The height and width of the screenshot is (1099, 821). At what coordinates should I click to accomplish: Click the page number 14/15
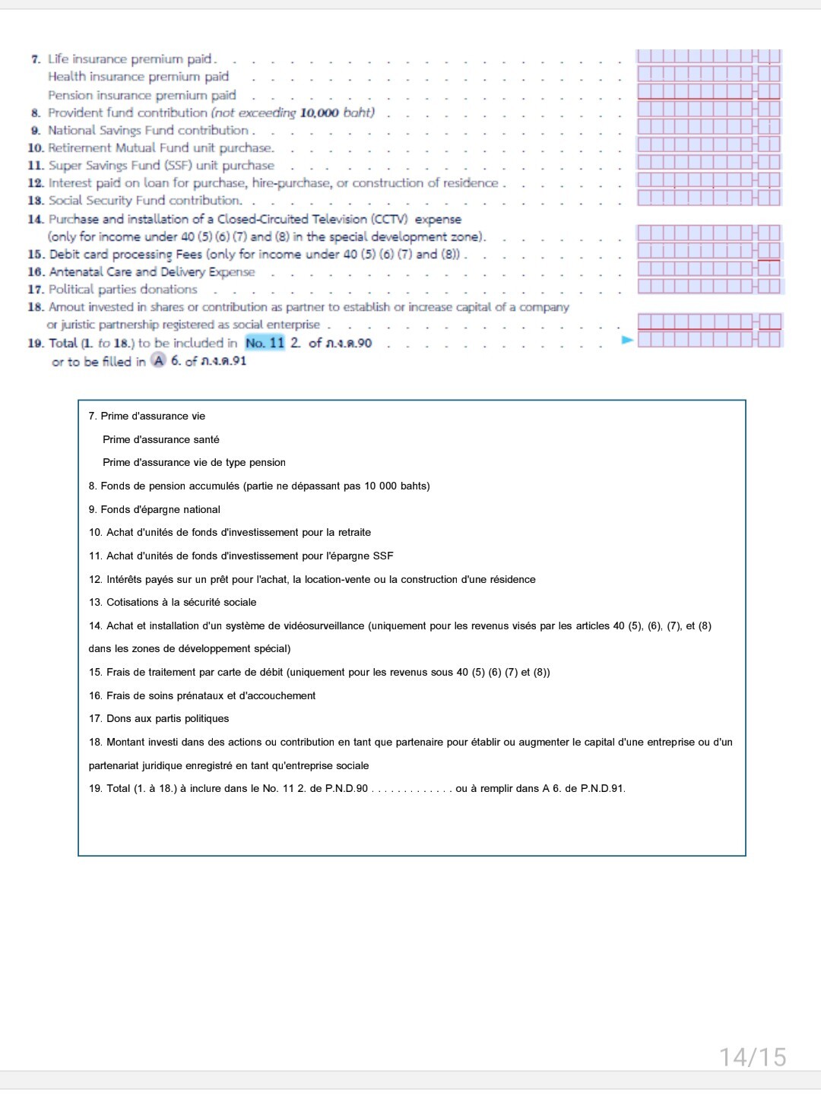click(753, 1056)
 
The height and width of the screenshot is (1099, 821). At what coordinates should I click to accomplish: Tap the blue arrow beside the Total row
click(627, 340)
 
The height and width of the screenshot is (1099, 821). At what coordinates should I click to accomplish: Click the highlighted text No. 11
click(265, 343)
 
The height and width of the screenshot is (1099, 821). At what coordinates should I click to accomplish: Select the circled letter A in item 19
click(158, 360)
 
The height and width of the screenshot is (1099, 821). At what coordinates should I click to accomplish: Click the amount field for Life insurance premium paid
click(708, 56)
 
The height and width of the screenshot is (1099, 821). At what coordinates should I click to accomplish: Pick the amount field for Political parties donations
click(708, 287)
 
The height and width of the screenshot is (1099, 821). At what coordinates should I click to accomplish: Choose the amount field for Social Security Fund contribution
click(708, 198)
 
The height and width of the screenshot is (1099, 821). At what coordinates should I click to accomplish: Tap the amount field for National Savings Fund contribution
click(708, 127)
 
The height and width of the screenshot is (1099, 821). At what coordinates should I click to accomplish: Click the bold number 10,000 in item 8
click(319, 112)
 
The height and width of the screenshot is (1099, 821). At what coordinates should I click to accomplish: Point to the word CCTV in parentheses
click(389, 219)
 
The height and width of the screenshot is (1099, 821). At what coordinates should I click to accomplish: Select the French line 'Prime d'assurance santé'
click(161, 439)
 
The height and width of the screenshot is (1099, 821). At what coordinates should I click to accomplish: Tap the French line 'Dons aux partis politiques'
click(159, 718)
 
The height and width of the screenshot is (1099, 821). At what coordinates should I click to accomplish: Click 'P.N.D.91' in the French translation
click(602, 788)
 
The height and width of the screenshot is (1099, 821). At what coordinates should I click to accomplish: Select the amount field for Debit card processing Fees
click(708, 251)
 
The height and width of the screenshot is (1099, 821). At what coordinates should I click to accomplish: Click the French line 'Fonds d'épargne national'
click(154, 509)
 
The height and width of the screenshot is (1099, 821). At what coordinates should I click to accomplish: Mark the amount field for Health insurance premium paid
click(708, 74)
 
